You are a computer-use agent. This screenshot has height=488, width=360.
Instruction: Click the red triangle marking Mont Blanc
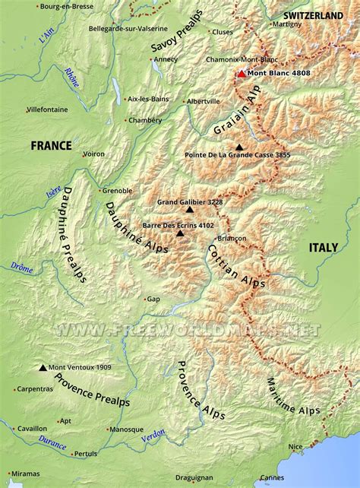pos(242,74)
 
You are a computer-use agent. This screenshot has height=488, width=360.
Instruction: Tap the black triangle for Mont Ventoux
pos(43,367)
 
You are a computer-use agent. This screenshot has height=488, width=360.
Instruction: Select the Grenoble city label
pos(118,190)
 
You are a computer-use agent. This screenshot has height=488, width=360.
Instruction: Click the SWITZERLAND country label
pos(313,15)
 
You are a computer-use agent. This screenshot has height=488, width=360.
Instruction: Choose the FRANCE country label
pos(51,145)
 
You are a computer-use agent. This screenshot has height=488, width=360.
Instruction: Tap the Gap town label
pos(153,299)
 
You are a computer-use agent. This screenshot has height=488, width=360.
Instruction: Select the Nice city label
pos(295,446)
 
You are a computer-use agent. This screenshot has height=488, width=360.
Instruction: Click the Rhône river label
pos(71,77)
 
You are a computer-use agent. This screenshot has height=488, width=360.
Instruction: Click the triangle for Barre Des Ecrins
pos(180,233)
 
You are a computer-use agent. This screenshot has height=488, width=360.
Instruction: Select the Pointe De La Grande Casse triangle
pos(240,147)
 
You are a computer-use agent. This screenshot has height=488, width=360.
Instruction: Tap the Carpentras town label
pos(35,388)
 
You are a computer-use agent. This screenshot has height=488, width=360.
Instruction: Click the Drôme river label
pos(22,267)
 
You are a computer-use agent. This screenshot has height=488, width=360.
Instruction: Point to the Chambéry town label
pos(144,120)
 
